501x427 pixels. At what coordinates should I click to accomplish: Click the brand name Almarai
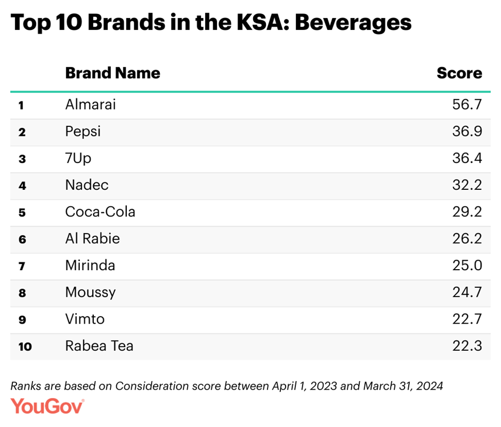point(90,104)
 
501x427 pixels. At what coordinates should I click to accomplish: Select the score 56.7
point(466,104)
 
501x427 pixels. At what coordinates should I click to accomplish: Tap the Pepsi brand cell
point(83,131)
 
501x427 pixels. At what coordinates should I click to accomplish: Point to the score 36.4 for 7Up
point(466,158)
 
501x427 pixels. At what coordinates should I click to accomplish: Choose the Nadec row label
point(86,185)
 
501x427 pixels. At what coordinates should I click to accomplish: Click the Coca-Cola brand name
point(100,212)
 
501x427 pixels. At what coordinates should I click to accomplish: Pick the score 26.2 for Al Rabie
point(466,238)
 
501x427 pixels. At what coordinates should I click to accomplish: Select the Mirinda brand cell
point(90,265)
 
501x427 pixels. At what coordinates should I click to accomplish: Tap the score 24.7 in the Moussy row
point(466,292)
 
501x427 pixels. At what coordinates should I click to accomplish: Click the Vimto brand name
point(85,319)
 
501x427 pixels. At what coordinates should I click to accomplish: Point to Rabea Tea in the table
point(99,345)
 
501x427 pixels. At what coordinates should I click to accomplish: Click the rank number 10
point(25,347)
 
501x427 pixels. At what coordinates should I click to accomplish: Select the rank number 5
point(22,213)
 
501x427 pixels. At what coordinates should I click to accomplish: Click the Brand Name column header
point(112,73)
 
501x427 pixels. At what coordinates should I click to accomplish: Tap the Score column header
point(459,73)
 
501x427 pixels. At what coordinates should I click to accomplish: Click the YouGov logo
point(47,406)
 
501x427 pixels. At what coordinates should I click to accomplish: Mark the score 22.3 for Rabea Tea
point(466,345)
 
